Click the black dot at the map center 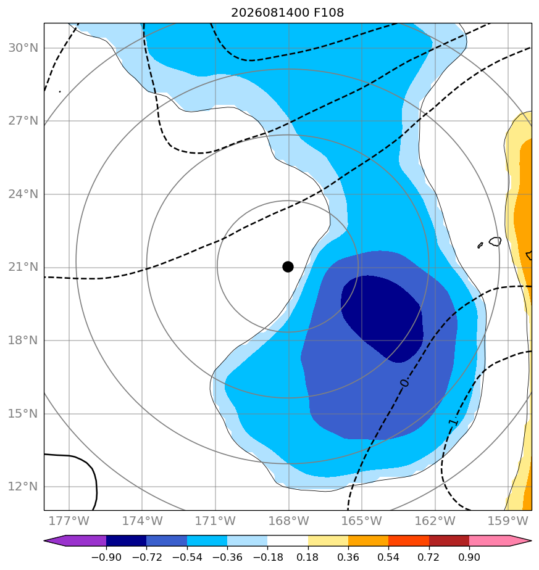tap(288, 267)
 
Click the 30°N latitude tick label tap(23, 48)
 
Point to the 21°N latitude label tap(23, 267)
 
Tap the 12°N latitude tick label tap(23, 486)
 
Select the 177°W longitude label tap(69, 521)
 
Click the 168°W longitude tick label tap(288, 521)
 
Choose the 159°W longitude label tap(508, 521)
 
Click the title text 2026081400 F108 tap(288, 13)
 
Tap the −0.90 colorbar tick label tap(106, 557)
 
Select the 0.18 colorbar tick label tap(308, 557)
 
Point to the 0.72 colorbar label tap(428, 557)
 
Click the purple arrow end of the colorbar tap(75, 540)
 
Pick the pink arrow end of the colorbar tap(501, 540)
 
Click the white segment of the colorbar tap(288, 540)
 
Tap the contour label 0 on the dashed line tap(404, 383)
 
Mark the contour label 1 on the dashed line tap(453, 422)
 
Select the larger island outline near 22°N tap(495, 241)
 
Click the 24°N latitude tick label tap(23, 194)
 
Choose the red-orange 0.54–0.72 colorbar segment tap(409, 540)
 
